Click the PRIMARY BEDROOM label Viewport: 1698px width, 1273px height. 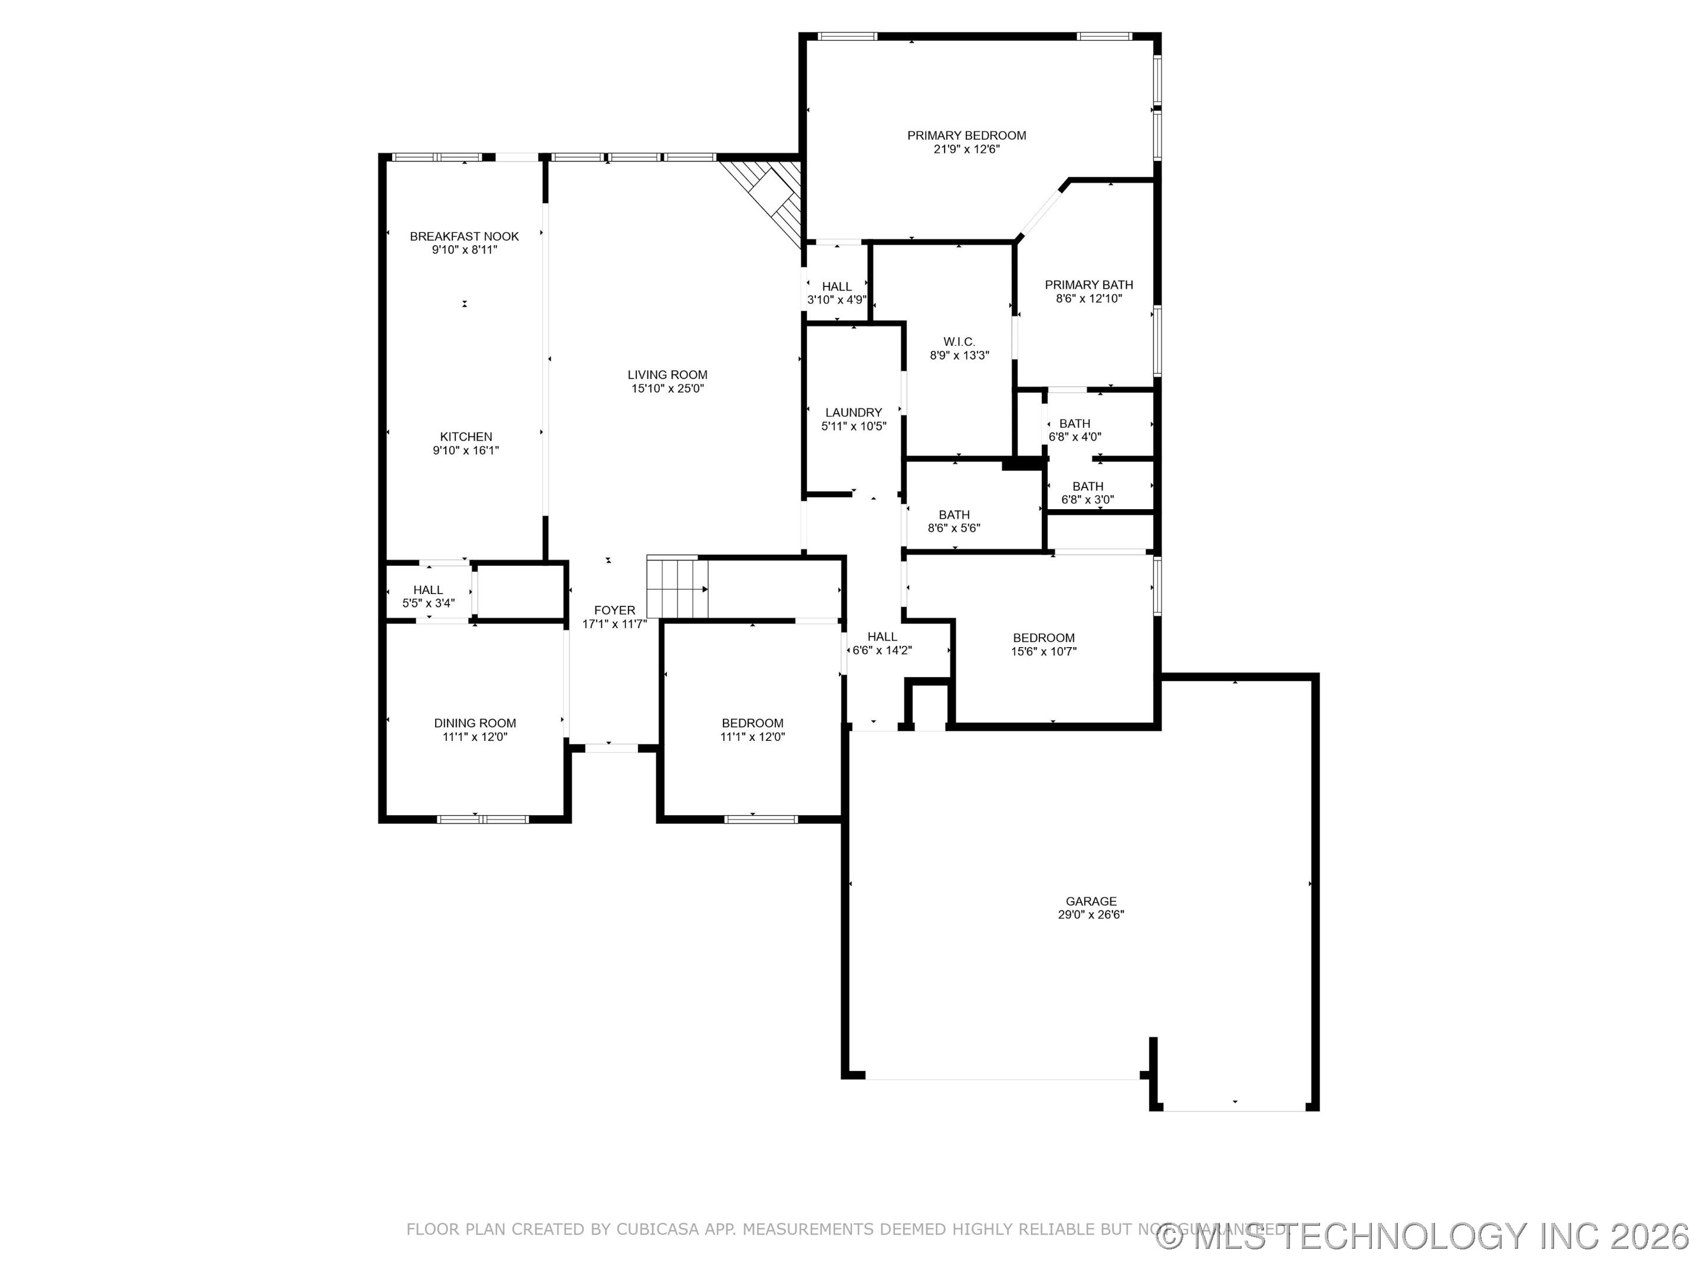pyautogui.click(x=966, y=136)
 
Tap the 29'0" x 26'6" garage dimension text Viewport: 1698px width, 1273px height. pyautogui.click(x=1090, y=915)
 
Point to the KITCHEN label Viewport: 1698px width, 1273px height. pyautogui.click(x=465, y=437)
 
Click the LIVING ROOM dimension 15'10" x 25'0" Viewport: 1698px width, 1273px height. pyautogui.click(x=667, y=389)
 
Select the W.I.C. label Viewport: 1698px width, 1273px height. pyautogui.click(x=959, y=341)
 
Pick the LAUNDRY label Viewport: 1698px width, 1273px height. pyautogui.click(x=853, y=413)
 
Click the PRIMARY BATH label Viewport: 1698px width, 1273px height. pyautogui.click(x=1088, y=285)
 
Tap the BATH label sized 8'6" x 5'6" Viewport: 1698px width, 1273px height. pyautogui.click(x=953, y=515)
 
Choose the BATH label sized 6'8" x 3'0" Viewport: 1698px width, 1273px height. pyautogui.click(x=1087, y=486)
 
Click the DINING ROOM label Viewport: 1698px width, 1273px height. pyautogui.click(x=475, y=723)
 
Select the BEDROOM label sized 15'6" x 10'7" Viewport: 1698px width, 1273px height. pyautogui.click(x=1043, y=638)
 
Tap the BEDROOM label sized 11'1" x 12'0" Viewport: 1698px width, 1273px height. pyautogui.click(x=752, y=723)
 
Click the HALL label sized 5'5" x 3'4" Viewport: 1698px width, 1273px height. pyautogui.click(x=427, y=590)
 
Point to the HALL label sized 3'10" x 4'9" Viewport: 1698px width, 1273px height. pyautogui.click(x=836, y=287)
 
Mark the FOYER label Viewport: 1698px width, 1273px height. pyautogui.click(x=614, y=611)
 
